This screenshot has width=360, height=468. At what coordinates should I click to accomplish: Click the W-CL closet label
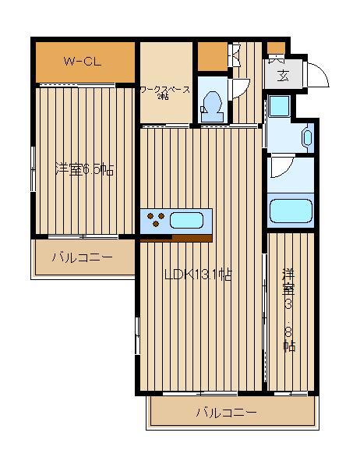[x=83, y=62]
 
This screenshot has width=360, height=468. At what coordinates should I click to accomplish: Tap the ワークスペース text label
[x=165, y=90]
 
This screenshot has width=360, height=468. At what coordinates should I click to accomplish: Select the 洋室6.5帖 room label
[x=84, y=169]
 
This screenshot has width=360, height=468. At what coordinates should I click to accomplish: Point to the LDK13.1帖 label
[x=199, y=275]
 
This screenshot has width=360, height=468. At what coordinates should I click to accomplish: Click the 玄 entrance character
[x=283, y=75]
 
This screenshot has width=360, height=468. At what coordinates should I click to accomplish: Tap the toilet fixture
[x=212, y=106]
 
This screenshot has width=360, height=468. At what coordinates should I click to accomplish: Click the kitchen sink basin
[x=187, y=220]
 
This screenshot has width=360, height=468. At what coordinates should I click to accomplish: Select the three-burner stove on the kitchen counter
[x=156, y=218]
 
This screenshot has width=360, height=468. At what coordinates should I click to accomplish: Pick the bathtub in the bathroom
[x=291, y=211]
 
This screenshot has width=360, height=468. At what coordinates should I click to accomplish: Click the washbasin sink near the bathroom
[x=307, y=137]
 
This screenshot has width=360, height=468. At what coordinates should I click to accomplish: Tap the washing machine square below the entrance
[x=280, y=106]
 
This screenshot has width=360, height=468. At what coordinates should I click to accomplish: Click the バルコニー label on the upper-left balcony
[x=83, y=257]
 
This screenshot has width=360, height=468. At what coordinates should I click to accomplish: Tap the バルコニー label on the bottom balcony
[x=227, y=413]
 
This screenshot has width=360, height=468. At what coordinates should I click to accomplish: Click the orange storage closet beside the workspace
[x=213, y=56]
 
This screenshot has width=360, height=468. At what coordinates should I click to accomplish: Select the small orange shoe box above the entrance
[x=276, y=48]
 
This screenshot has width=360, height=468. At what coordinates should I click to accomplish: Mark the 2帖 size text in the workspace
[x=163, y=97]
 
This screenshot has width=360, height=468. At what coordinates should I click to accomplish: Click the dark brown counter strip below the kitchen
[x=192, y=238]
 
